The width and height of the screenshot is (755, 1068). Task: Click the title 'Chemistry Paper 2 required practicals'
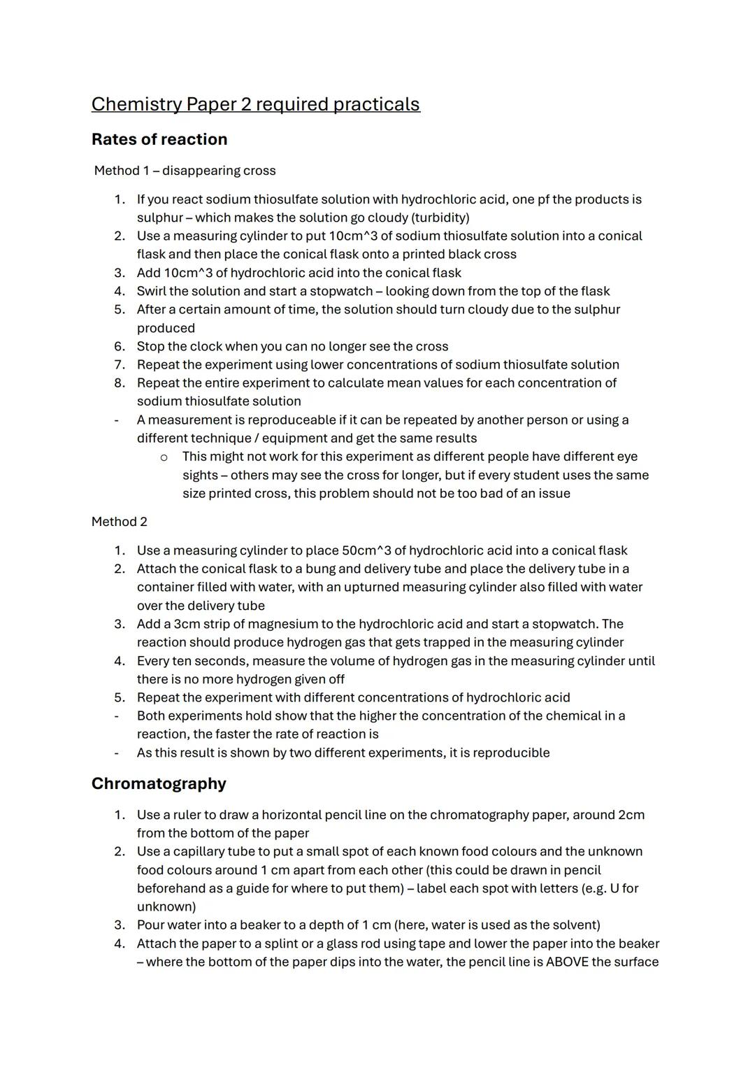coord(255,104)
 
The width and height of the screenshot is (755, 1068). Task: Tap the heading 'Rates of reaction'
coord(159,139)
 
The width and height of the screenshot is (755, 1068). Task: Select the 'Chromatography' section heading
coord(159,783)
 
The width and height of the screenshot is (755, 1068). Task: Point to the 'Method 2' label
coord(120,522)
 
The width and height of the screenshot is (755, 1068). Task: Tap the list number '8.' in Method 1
coord(120,383)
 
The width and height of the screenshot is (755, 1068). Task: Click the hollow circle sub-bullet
coord(164,457)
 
